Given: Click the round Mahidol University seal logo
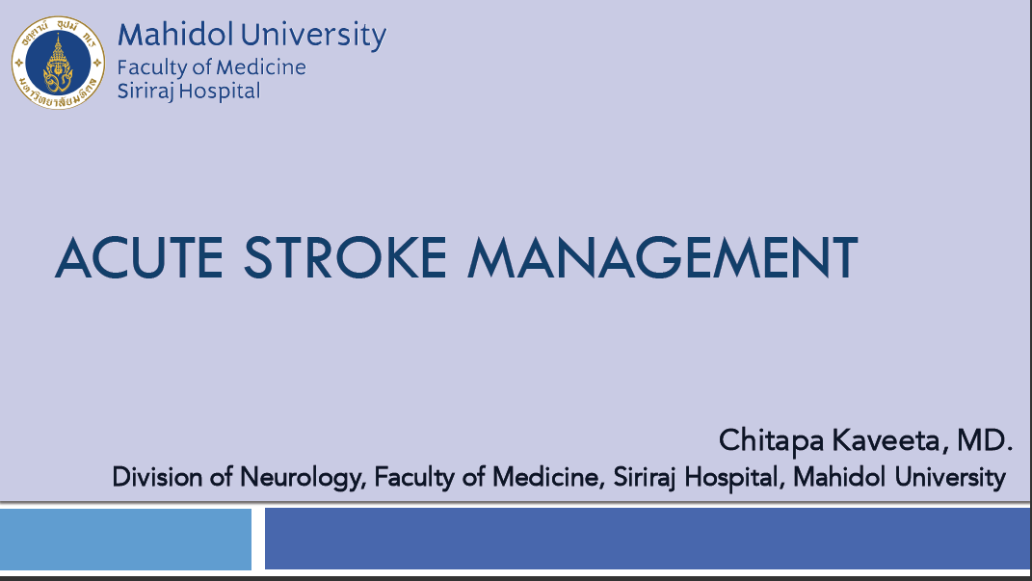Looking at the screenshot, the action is coord(58,64).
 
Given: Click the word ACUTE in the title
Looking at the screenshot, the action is coord(140,257).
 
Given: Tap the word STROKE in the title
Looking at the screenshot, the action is coord(346,257).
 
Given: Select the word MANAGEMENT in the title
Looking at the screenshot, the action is coord(662,257).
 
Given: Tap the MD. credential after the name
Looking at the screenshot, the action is coord(985,440).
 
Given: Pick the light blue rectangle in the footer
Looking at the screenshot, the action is coord(125,539).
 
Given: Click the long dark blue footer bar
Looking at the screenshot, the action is coord(648,539).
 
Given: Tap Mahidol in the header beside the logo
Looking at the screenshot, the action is coord(175,35).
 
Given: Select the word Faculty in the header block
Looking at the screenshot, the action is coord(153,67).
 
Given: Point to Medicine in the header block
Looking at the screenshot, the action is coord(261,67).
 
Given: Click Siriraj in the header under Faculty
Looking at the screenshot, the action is coord(145,92).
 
